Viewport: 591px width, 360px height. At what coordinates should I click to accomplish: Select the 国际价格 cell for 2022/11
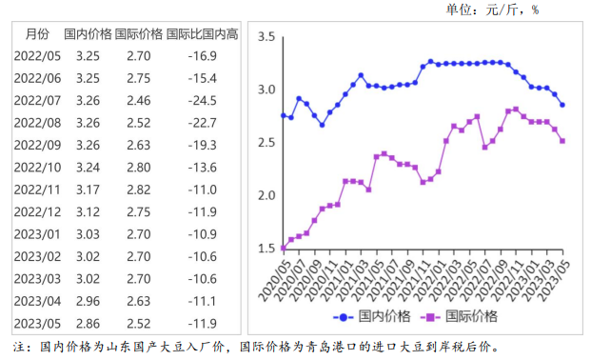click(137, 188)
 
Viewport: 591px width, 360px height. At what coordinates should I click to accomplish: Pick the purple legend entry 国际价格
click(464, 315)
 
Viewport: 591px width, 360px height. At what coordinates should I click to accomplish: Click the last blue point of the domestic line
click(561, 105)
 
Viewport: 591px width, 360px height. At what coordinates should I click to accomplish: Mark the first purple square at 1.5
click(284, 249)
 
